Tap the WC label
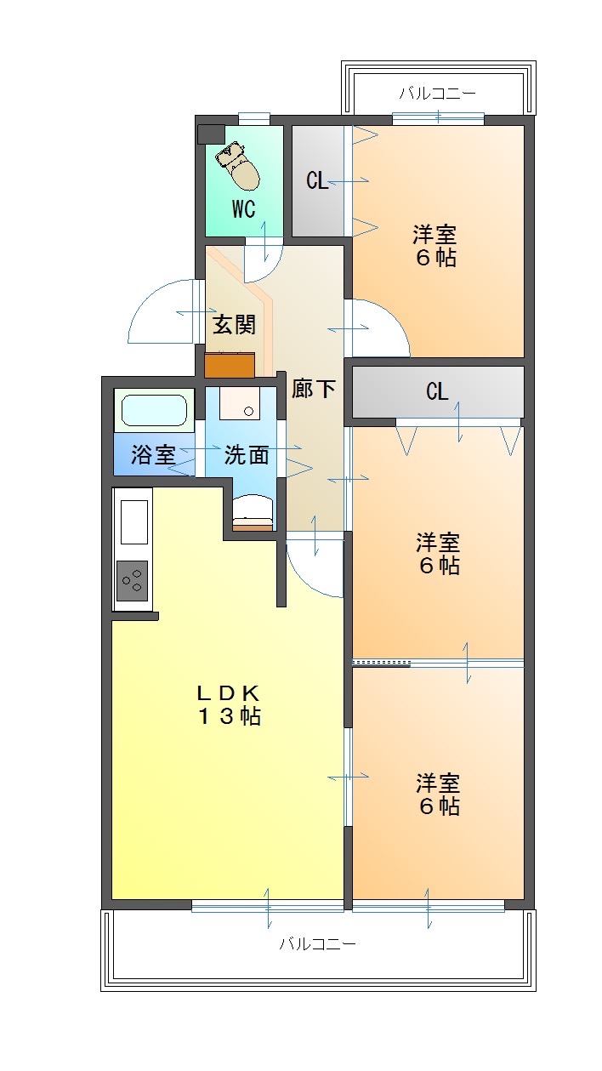click(244, 209)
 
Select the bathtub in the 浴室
click(154, 410)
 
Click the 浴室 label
click(153, 454)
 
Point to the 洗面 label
click(247, 455)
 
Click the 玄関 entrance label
click(234, 325)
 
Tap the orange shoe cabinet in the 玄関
click(230, 365)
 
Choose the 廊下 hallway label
click(314, 389)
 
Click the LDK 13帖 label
click(230, 704)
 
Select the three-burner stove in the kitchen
click(132, 580)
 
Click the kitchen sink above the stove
click(133, 522)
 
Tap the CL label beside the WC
click(317, 180)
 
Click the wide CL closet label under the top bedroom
click(437, 391)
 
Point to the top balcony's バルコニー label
click(438, 93)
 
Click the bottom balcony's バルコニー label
click(318, 943)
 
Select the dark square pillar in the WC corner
click(211, 134)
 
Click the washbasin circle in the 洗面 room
click(248, 411)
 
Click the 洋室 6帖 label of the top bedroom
click(435, 246)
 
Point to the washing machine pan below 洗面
click(253, 513)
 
